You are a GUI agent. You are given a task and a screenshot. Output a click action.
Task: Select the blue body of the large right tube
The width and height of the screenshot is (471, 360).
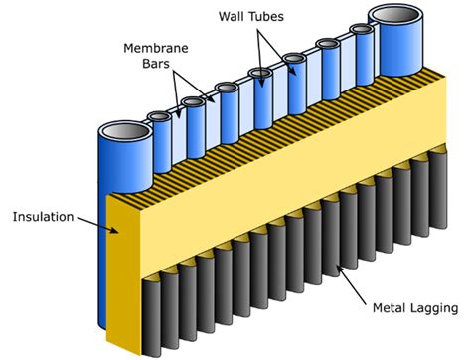pyautogui.click(x=395, y=50)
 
